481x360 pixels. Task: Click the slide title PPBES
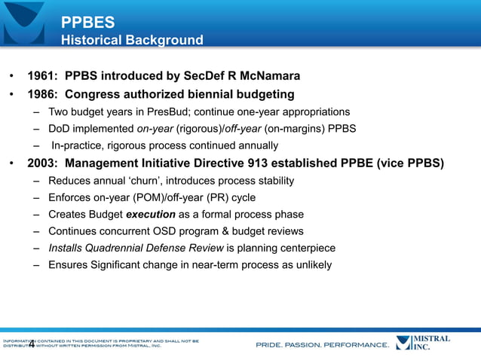(x=87, y=23)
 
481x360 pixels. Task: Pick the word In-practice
(x=78, y=145)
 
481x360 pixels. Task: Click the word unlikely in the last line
(x=311, y=265)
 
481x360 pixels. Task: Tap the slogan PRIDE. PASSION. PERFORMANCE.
(x=323, y=346)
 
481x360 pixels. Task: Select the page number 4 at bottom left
(x=32, y=346)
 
